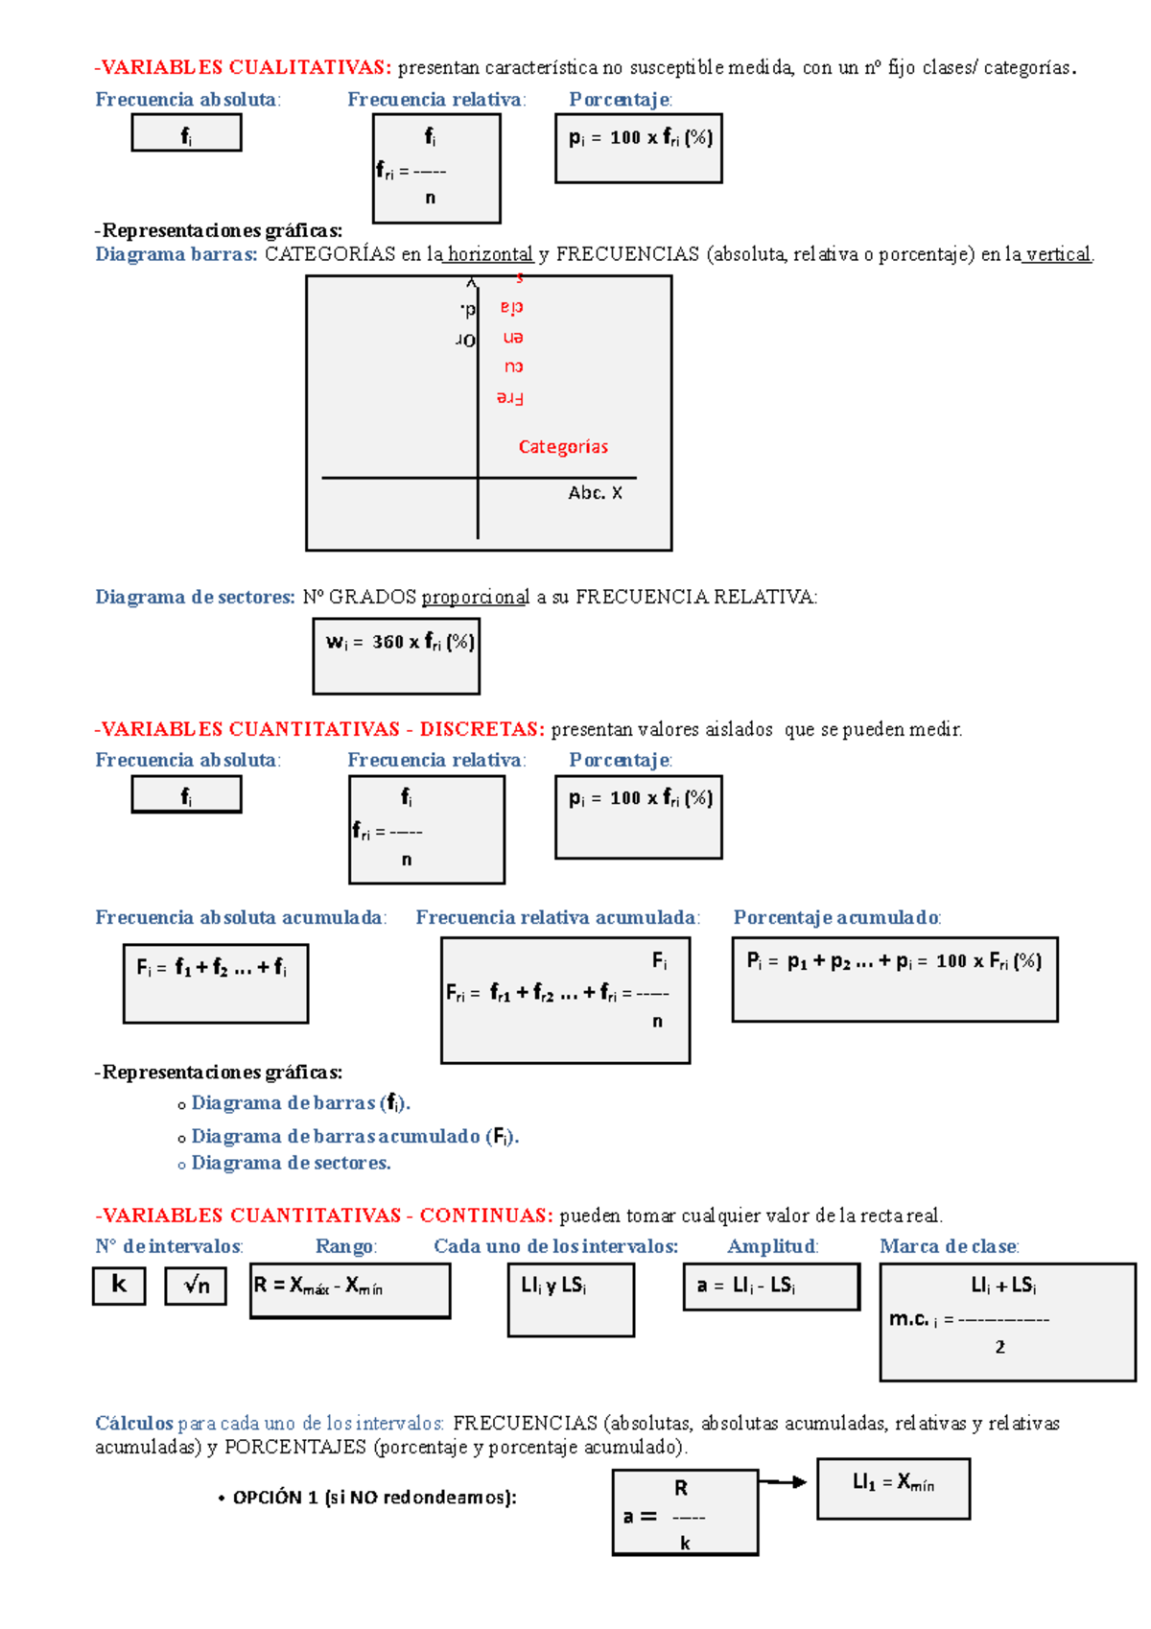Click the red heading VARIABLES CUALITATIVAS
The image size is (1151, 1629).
click(x=244, y=67)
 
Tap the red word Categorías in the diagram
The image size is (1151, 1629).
click(x=563, y=447)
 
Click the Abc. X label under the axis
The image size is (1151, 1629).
click(x=595, y=493)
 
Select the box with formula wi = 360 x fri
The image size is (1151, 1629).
click(x=396, y=656)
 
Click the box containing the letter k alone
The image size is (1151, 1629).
click(x=119, y=1286)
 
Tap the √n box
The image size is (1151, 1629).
click(x=196, y=1286)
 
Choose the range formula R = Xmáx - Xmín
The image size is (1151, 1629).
click(x=350, y=1290)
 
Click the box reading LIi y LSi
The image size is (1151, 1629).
click(x=571, y=1300)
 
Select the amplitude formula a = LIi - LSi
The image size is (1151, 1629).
click(x=771, y=1287)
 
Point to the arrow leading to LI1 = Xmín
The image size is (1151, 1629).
click(x=785, y=1482)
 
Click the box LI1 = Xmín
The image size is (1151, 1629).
click(x=893, y=1488)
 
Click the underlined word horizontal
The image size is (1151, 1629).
click(x=490, y=254)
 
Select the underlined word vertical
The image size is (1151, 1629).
click(x=1058, y=254)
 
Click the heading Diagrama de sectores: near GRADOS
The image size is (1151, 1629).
click(x=195, y=597)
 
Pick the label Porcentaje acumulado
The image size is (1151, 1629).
click(x=836, y=917)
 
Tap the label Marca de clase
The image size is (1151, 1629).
click(x=949, y=1246)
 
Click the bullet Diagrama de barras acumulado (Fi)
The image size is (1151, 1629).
click(x=355, y=1137)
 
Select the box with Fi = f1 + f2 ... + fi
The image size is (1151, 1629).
click(x=216, y=983)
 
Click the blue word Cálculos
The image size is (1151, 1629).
click(x=133, y=1423)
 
